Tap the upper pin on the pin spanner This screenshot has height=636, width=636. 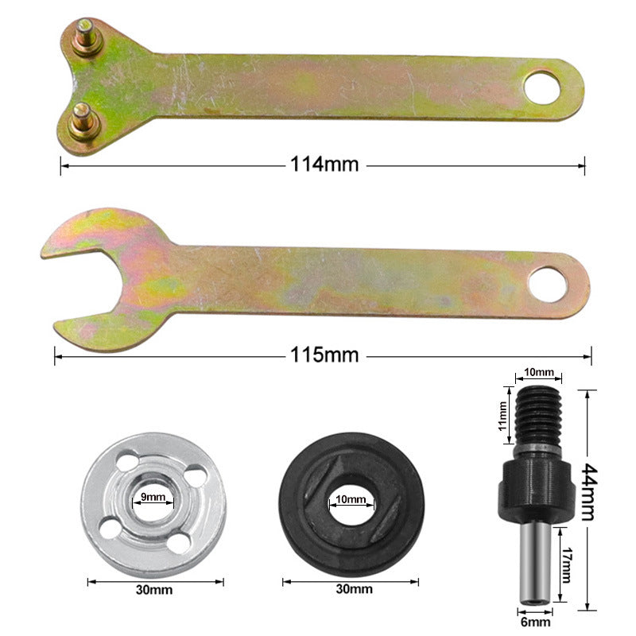(86, 40)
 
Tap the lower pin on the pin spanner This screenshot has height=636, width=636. (83, 120)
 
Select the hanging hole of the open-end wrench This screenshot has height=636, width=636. (549, 284)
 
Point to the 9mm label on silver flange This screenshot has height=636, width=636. (153, 497)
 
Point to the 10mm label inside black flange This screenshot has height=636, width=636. (351, 500)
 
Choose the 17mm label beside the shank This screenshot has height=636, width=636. (565, 567)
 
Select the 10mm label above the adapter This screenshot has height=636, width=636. (539, 372)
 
